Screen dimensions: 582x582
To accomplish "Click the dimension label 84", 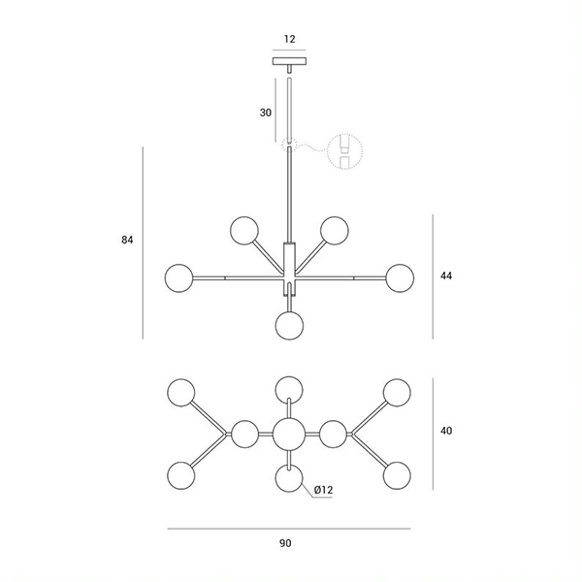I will pos(127,240).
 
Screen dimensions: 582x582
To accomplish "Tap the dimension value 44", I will pos(446,275).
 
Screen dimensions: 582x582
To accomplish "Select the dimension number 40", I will pos(446,430).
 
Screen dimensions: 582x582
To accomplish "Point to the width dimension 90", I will pos(285,543).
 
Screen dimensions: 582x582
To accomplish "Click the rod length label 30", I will pos(265,113).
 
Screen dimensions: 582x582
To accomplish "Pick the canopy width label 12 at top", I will pos(289,40).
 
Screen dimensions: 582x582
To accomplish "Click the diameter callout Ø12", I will pos(323,490).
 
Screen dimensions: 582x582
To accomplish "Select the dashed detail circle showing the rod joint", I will pos(342,151).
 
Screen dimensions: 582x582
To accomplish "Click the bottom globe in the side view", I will pos(288,325).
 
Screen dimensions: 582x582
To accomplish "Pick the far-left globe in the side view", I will pos(178,277).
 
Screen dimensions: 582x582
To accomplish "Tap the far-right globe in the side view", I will pos(399,277).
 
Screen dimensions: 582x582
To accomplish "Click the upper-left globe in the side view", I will pos(243,231).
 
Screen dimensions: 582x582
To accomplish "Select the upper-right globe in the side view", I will pos(334,231).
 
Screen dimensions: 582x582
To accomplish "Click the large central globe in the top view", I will pos(288,434).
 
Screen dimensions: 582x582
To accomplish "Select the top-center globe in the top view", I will pos(288,389).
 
